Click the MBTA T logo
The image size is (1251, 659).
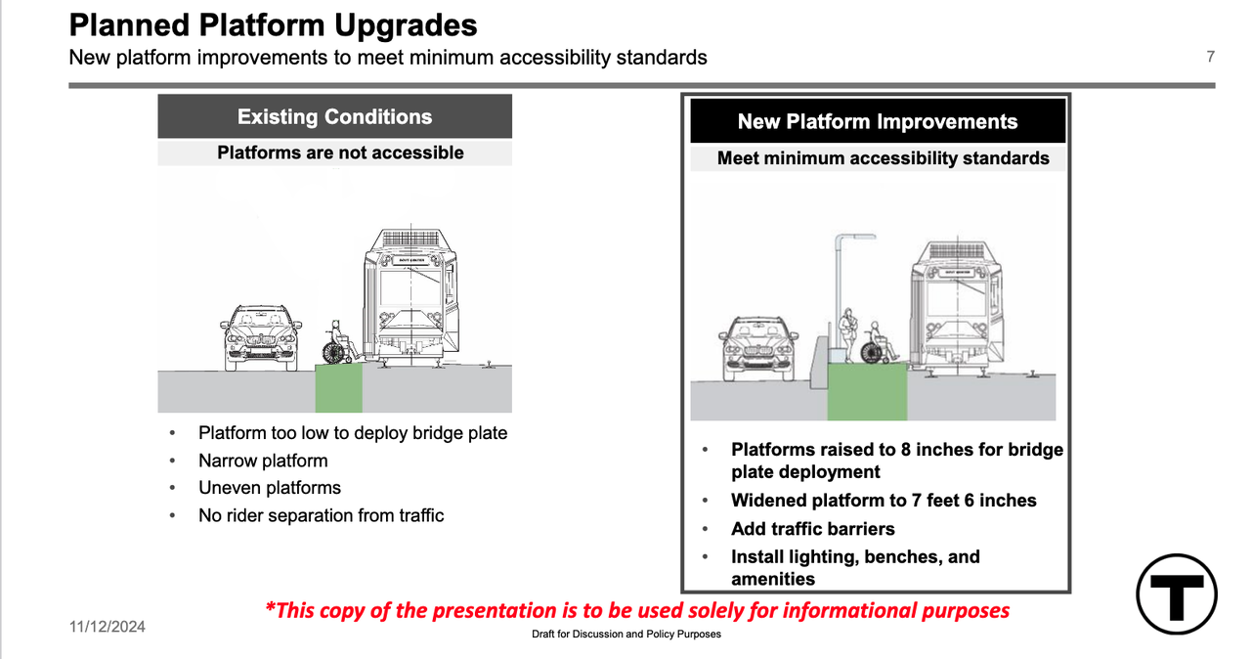(x=1176, y=593)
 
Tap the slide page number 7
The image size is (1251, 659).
(x=1210, y=57)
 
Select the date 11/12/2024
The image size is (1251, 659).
(x=108, y=627)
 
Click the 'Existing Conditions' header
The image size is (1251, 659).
(x=334, y=116)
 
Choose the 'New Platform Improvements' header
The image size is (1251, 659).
(x=878, y=121)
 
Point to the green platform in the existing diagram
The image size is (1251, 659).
(x=338, y=389)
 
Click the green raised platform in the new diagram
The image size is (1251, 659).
(x=867, y=391)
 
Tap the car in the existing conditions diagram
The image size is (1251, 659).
(x=260, y=337)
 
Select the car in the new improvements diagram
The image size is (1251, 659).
(x=757, y=349)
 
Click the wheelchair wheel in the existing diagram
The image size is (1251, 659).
(x=333, y=353)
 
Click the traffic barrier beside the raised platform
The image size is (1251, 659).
(x=819, y=363)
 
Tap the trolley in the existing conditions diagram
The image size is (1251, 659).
(x=411, y=296)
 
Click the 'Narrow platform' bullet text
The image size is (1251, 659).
(x=263, y=461)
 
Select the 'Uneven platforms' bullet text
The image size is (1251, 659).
(x=270, y=488)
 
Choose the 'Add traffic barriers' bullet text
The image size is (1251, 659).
(x=812, y=528)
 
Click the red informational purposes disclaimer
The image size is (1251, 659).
(x=637, y=610)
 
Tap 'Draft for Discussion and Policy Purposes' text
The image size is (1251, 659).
(x=626, y=634)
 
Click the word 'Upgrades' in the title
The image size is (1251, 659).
(x=406, y=25)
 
